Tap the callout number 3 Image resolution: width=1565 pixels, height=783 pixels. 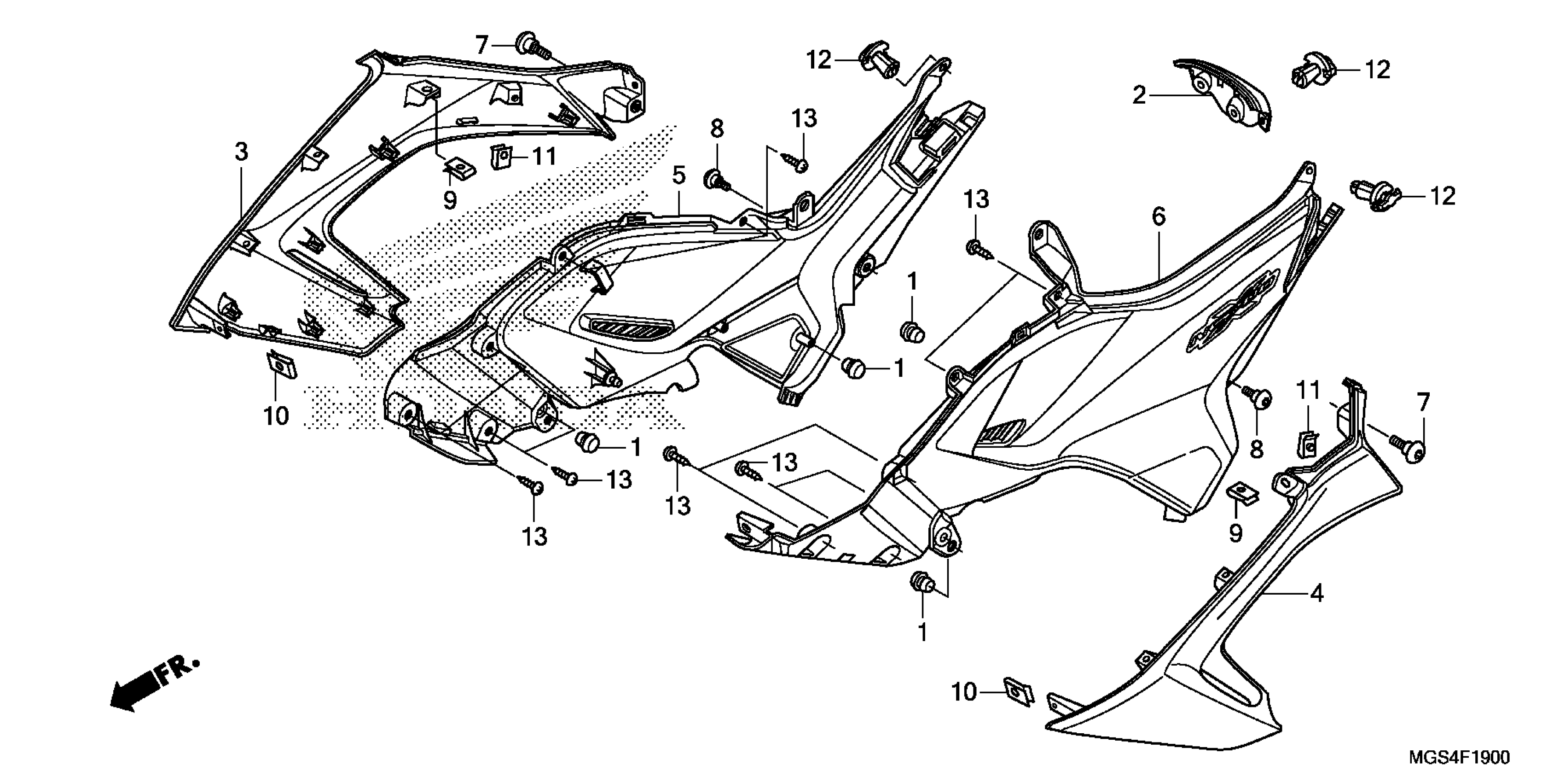(242, 152)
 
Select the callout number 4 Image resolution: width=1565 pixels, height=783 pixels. (1316, 593)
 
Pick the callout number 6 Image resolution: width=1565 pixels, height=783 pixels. (1159, 216)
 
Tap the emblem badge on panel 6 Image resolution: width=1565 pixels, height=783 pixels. (1233, 310)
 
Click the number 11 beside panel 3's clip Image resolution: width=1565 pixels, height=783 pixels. (545, 157)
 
